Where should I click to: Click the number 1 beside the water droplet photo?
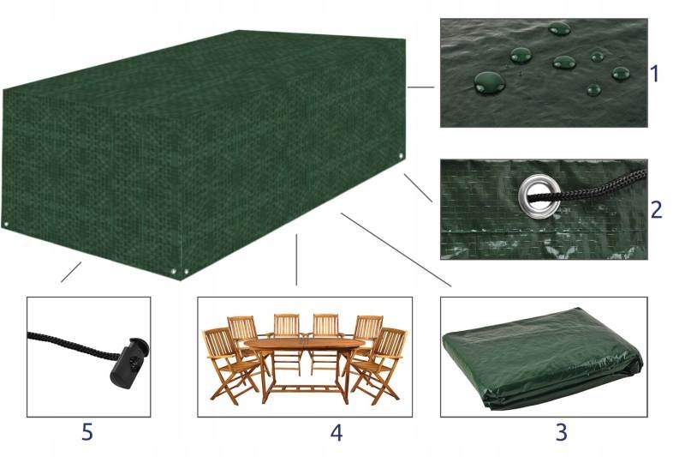point(654,74)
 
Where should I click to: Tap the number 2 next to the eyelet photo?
point(656,209)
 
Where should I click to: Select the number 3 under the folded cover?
point(562,432)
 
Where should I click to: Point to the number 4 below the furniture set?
point(337,432)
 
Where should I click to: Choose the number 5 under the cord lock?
point(87,432)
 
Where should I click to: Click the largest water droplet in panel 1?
point(489,82)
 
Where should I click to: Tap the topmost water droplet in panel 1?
point(559,29)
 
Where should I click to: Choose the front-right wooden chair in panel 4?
point(379,366)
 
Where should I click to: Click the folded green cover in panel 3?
point(543,358)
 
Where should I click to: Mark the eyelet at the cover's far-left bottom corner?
point(6,225)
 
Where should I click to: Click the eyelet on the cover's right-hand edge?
point(402,157)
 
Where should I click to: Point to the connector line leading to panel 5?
point(71,272)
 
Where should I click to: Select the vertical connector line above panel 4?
point(296,260)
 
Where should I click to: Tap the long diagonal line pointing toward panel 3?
point(396,250)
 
